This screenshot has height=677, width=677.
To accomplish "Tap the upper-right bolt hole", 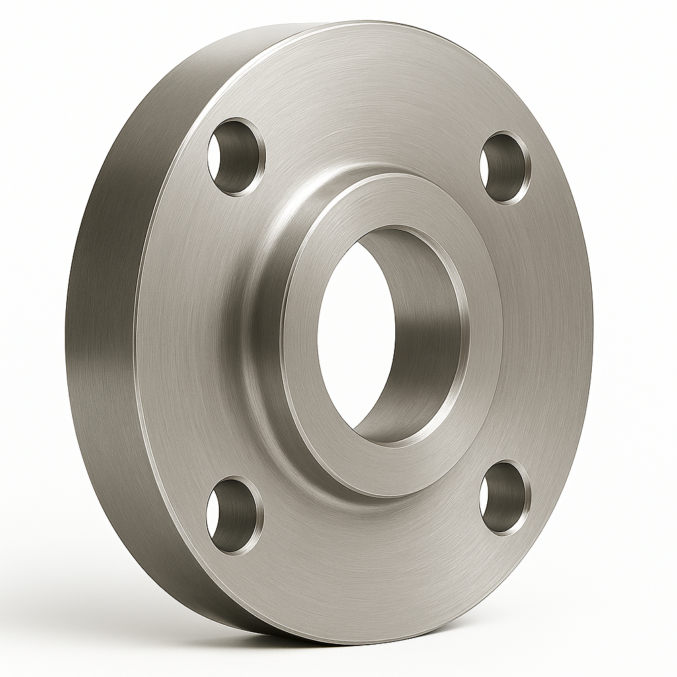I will (x=505, y=167).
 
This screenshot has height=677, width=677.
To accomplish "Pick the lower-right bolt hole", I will (x=504, y=497).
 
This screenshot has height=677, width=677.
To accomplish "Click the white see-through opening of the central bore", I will (x=354, y=331).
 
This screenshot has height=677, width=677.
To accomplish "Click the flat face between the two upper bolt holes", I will (x=370, y=119).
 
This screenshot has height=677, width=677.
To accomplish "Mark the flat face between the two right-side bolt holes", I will (x=549, y=331).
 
